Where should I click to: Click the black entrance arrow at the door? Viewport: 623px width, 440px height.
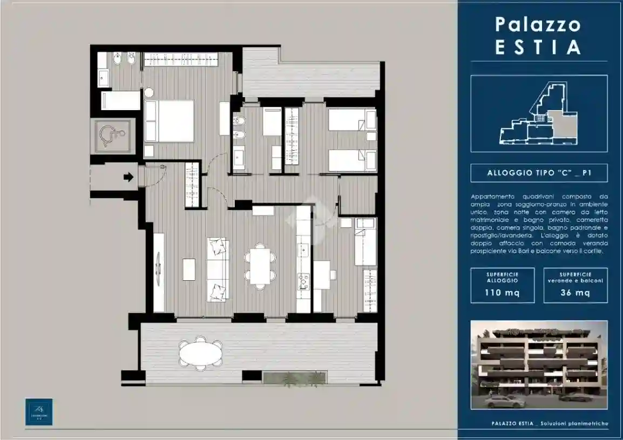click(x=128, y=177)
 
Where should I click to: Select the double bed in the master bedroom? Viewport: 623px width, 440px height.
click(x=169, y=121)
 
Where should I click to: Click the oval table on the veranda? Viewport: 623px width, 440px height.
click(x=200, y=355)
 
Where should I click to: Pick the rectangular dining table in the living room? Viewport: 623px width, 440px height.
click(x=260, y=265)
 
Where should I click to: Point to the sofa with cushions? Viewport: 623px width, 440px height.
click(x=218, y=270)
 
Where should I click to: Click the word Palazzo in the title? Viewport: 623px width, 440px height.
click(x=538, y=25)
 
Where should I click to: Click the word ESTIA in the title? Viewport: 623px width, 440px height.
click(x=538, y=47)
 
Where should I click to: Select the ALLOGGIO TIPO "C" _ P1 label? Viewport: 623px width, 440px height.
click(x=539, y=173)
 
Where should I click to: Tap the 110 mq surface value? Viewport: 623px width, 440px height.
click(x=502, y=293)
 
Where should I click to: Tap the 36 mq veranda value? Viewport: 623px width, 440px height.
click(x=575, y=293)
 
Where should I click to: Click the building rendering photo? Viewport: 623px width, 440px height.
click(x=539, y=365)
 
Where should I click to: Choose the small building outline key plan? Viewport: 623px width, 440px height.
click(x=539, y=113)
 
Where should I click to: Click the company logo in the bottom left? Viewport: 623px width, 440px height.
click(x=39, y=411)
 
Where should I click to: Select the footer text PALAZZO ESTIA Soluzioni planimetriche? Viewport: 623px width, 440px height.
click(x=547, y=424)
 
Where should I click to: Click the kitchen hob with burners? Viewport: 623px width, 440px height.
click(x=303, y=281)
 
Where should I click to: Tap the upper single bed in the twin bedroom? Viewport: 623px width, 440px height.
click(x=352, y=119)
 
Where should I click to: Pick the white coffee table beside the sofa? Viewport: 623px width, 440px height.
click(x=189, y=269)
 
